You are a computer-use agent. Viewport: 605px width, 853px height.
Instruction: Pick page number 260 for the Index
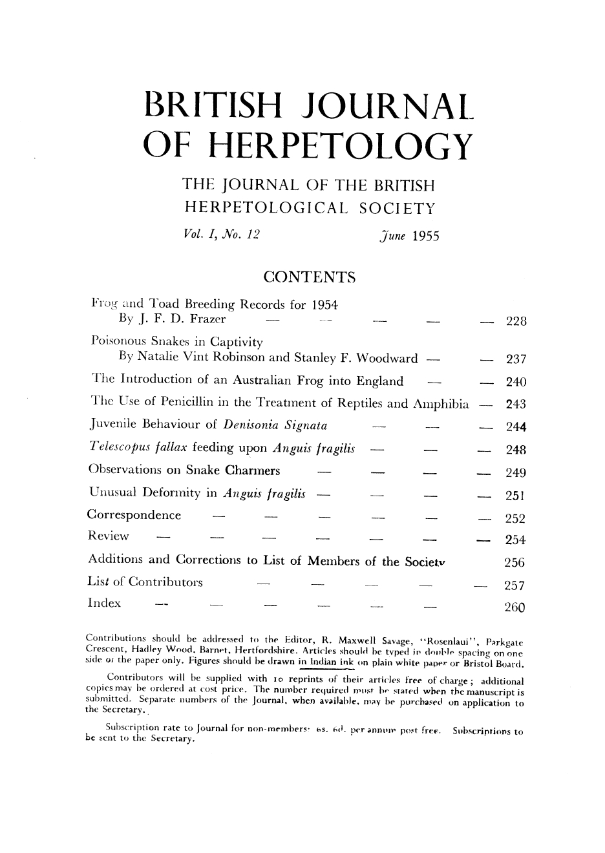(x=516, y=607)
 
